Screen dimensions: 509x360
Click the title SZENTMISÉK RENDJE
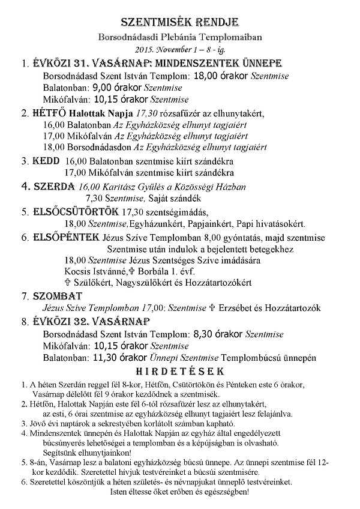(179, 22)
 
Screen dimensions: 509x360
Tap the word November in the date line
(175, 49)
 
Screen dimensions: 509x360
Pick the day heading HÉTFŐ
(47, 112)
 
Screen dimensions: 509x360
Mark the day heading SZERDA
(51, 186)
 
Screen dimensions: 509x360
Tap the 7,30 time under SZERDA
(97, 198)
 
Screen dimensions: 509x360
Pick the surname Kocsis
(79, 271)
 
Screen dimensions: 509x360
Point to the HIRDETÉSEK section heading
(179, 370)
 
